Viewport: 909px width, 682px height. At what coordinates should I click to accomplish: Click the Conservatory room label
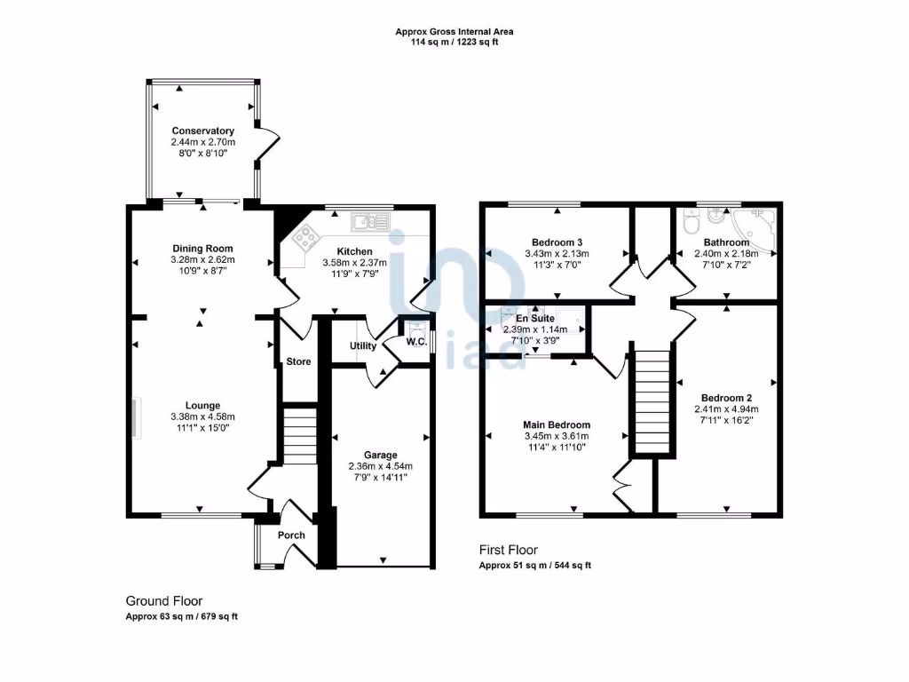[x=203, y=131]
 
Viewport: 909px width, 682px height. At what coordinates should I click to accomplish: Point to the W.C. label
[x=416, y=341]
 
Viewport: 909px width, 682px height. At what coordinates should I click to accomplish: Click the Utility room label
[x=363, y=346]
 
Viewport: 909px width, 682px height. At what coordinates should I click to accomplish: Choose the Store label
[x=298, y=361]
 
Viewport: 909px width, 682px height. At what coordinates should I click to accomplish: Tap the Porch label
[x=291, y=535]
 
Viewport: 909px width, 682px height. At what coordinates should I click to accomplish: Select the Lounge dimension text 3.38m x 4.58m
[x=203, y=416]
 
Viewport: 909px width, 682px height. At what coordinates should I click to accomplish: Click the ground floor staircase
[x=299, y=435]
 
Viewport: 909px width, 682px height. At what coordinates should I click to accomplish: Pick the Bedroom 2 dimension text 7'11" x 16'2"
[x=727, y=421]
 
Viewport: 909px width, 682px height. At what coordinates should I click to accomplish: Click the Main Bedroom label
[x=557, y=424]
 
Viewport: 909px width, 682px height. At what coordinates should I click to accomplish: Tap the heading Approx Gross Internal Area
[x=454, y=31]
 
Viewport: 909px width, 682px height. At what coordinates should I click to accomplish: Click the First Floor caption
[x=509, y=550]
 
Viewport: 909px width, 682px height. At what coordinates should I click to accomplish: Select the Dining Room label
[x=202, y=249]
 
